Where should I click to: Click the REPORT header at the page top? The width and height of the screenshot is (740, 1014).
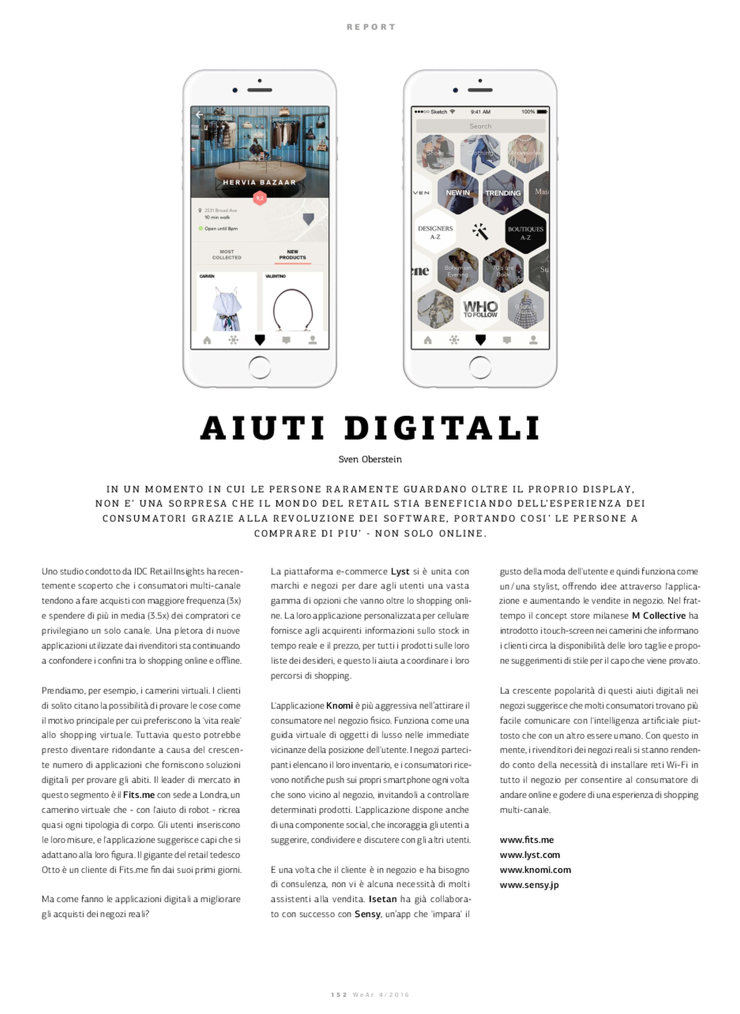[x=371, y=27]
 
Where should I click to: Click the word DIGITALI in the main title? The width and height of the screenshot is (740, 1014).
[x=443, y=428]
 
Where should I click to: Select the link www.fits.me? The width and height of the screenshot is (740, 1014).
[x=527, y=840]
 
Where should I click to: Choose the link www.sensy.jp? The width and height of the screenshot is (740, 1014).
[x=529, y=885]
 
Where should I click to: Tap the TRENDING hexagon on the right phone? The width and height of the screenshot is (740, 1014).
[x=503, y=193]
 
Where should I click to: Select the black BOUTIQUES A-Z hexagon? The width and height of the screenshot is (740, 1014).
[x=526, y=232]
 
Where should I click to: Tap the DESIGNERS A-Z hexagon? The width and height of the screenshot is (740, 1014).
[x=435, y=232]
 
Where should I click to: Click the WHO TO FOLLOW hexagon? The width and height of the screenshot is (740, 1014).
[x=480, y=309]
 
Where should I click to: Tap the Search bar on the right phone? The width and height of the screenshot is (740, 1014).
[x=480, y=126]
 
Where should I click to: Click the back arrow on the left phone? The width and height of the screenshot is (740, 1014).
[x=199, y=115]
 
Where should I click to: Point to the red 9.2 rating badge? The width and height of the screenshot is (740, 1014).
[x=260, y=198]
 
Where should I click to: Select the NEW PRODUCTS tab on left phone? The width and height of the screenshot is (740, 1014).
[x=292, y=255]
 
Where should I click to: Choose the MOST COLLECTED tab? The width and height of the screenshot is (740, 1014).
[x=227, y=255]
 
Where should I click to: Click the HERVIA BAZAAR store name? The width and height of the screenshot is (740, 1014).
[x=259, y=182]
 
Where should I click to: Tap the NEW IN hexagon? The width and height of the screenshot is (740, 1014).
[x=457, y=193]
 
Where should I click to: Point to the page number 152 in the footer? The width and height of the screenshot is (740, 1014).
[x=339, y=995]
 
